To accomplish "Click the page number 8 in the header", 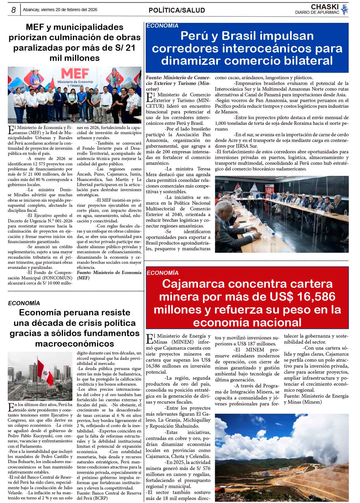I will [x=13, y=10].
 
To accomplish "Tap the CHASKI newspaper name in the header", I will [x=325, y=7].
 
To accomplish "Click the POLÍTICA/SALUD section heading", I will [x=177, y=11].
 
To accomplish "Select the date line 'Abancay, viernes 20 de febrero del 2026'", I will [x=60, y=10].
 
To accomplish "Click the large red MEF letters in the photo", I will [x=75, y=73].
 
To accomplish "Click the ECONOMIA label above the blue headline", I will [x=162, y=26].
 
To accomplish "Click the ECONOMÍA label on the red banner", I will [x=162, y=273].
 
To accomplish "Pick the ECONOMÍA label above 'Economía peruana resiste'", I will [x=24, y=303].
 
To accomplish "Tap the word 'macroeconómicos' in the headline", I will [x=74, y=343].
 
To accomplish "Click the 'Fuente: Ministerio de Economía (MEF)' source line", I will [x=109, y=275].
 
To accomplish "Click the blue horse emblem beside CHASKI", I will [x=345, y=9].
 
